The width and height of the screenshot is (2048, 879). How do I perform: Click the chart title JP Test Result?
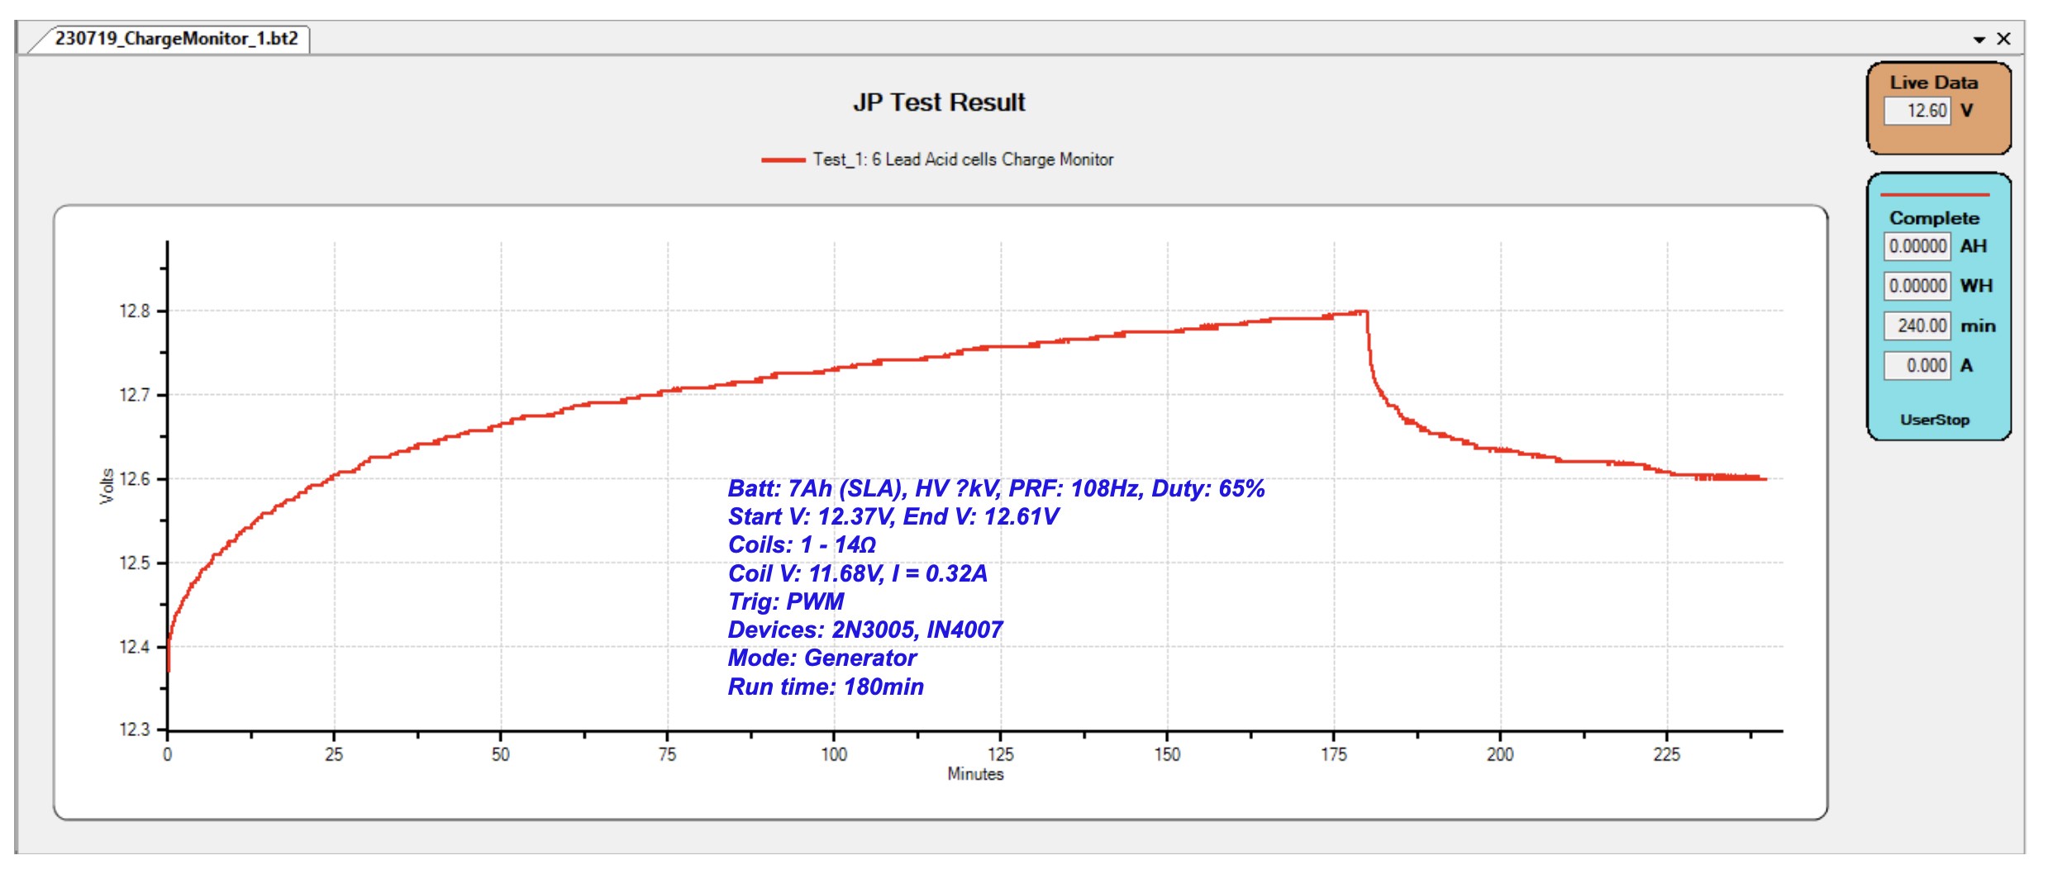939,102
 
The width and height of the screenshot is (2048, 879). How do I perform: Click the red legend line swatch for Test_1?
783,160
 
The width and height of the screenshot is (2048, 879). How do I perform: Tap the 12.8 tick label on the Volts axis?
135,311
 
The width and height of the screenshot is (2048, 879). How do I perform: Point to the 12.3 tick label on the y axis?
135,729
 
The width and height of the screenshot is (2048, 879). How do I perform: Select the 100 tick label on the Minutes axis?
834,754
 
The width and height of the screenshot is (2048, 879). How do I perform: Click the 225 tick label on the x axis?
1667,754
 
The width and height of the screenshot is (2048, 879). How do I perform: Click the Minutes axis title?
975,774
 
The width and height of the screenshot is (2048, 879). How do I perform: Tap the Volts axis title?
107,486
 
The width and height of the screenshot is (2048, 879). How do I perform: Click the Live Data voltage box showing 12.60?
1917,111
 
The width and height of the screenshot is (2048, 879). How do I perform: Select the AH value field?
1917,246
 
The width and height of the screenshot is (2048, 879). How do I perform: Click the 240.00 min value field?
1917,325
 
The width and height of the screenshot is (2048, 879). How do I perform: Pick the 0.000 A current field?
1917,365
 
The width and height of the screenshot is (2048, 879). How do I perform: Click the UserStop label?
1935,420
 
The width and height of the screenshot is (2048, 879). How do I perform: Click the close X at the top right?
2004,39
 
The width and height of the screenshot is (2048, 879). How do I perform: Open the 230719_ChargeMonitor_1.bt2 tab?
176,39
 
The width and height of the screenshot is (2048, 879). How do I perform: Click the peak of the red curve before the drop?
1365,311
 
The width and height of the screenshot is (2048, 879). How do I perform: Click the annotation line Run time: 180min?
826,687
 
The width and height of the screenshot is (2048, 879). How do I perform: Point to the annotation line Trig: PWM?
786,601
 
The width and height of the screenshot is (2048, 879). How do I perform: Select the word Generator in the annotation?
860,658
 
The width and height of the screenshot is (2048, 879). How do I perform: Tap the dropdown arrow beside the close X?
1979,40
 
